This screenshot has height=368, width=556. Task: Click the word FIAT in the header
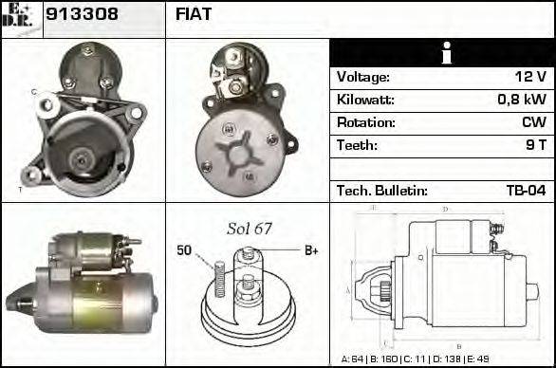(x=194, y=14)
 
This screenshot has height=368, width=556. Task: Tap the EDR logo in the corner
(x=21, y=17)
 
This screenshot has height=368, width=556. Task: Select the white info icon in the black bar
(x=442, y=53)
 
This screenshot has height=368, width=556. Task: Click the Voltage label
(x=362, y=77)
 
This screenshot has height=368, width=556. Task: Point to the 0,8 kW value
(x=521, y=100)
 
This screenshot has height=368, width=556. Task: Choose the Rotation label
(x=365, y=122)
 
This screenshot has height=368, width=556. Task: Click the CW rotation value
(x=533, y=122)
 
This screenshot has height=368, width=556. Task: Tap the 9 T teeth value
(x=535, y=145)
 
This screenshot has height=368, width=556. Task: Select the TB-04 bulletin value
(x=525, y=191)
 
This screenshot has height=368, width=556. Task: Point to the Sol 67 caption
(x=250, y=229)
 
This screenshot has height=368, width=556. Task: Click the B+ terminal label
(x=310, y=250)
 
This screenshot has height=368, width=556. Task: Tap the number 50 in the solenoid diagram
(x=185, y=250)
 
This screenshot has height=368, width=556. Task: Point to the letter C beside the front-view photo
(x=33, y=92)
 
